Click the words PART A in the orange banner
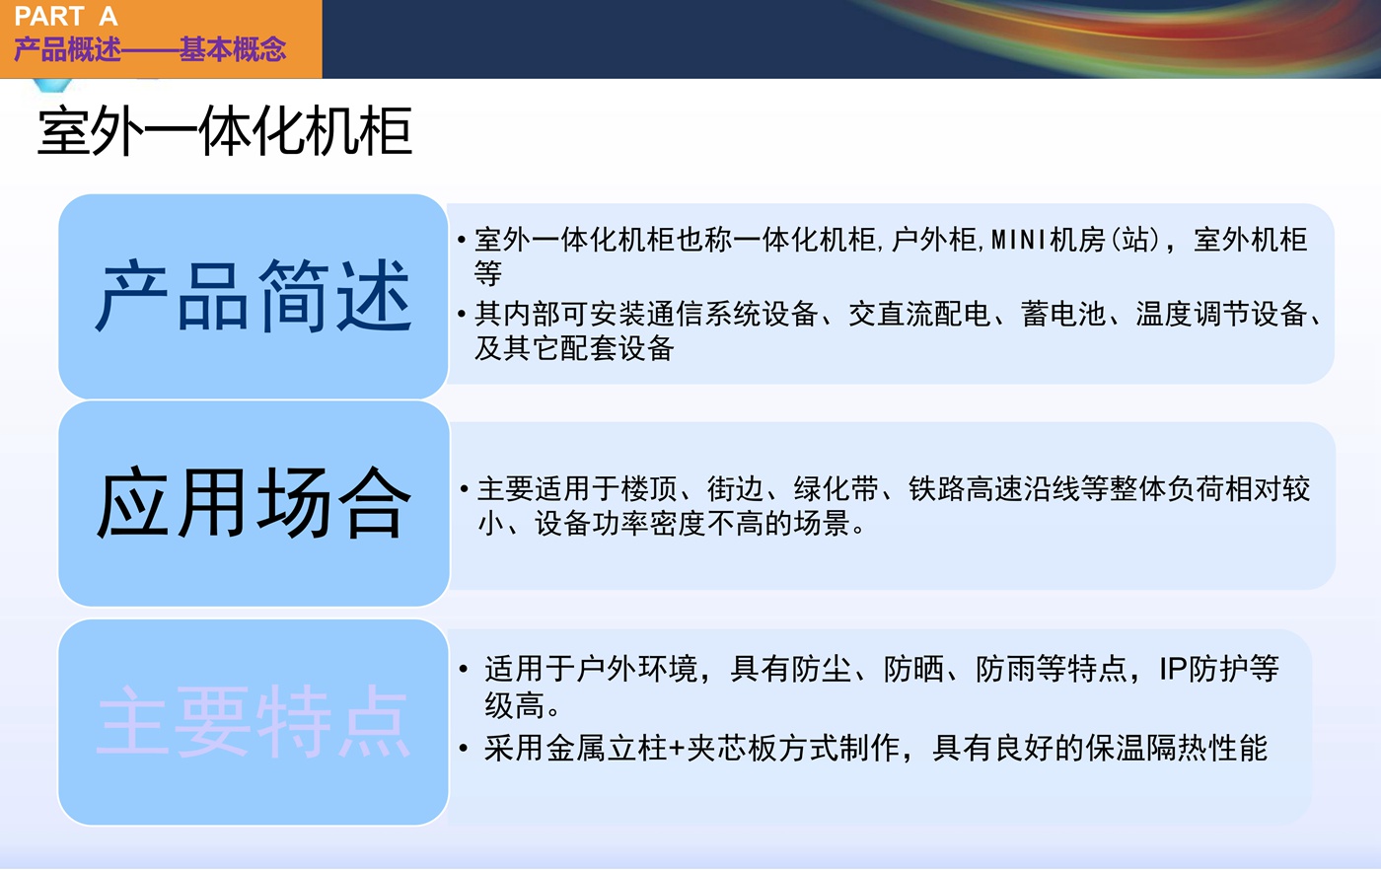coord(66,16)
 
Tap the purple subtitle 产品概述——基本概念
coord(150,49)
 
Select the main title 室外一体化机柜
coord(225,131)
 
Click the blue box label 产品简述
coord(253,296)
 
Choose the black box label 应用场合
coord(253,503)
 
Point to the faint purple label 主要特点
coord(253,721)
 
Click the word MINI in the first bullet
coord(1018,240)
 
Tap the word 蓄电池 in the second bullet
coord(1063,314)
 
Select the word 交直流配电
coord(919,314)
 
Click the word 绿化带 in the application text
coord(836,489)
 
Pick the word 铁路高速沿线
coord(993,489)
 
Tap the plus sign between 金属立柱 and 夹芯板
coord(677,749)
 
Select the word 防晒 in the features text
coord(913,669)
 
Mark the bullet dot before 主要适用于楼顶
coord(464,489)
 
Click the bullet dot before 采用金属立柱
coord(464,749)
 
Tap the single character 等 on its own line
coord(487,273)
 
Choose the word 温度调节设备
coord(1221,314)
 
